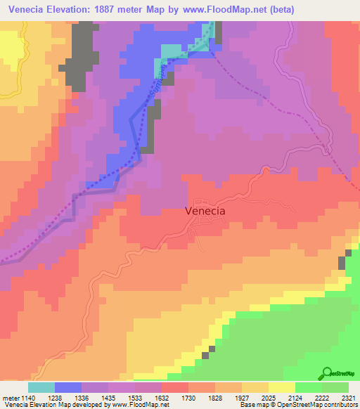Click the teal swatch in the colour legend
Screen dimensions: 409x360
pyautogui.click(x=41, y=387)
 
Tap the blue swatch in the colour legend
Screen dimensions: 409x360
pyautogui.click(x=68, y=387)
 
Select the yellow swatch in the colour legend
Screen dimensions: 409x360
pyautogui.click(x=282, y=387)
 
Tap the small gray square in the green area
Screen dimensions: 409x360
pyautogui.click(x=205, y=356)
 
